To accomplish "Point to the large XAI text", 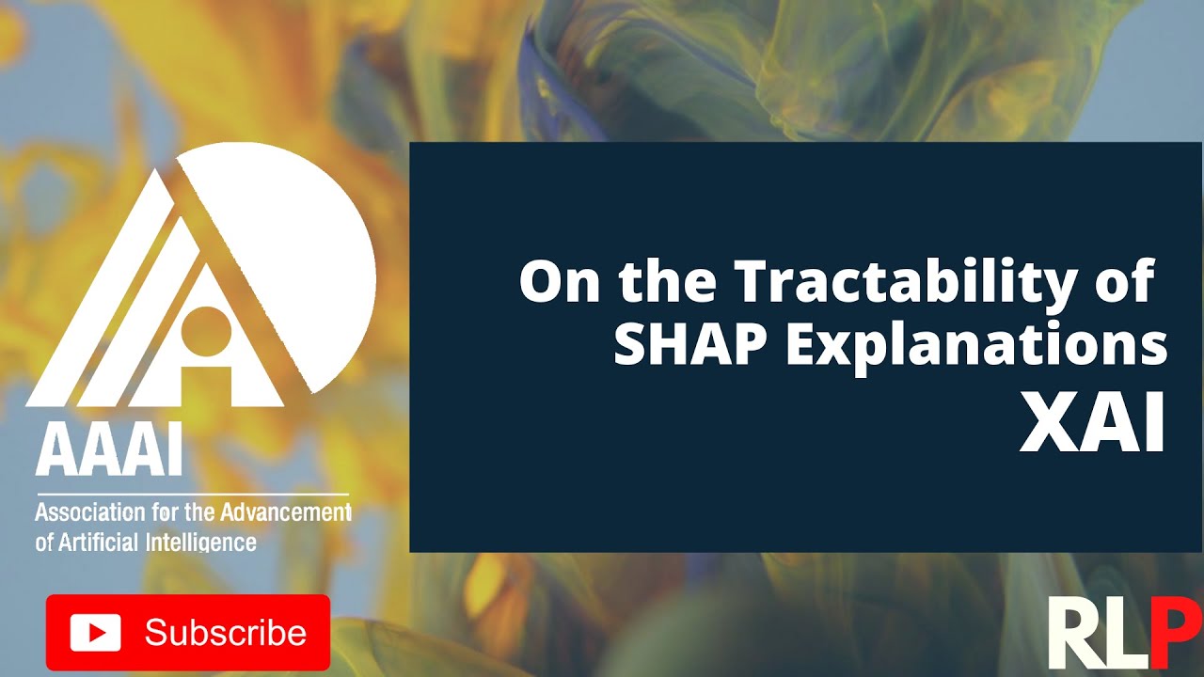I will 1092,423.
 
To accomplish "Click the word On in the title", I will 559,281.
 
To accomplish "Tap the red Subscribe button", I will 188,632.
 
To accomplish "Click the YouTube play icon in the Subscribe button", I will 95,632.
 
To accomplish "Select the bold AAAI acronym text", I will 108,454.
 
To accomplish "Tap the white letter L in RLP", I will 1126,635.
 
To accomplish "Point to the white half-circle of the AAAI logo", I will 310,254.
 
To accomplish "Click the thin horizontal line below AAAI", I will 192,495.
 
